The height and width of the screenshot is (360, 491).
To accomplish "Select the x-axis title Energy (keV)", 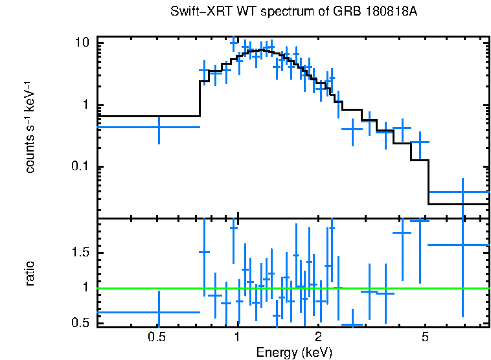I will [x=294, y=352].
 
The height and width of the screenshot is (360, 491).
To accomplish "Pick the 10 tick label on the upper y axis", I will [x=81, y=43].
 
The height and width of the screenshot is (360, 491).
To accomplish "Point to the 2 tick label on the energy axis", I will [x=318, y=337].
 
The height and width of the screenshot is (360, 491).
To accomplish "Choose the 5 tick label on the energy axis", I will [x=426, y=337].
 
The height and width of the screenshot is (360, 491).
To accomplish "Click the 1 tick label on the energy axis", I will [x=237, y=337].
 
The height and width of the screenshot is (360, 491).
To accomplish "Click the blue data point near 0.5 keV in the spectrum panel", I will [x=159, y=127].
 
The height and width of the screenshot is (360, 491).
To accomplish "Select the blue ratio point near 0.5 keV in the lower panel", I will [x=159, y=312].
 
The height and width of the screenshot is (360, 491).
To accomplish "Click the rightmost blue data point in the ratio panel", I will [x=462, y=245].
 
